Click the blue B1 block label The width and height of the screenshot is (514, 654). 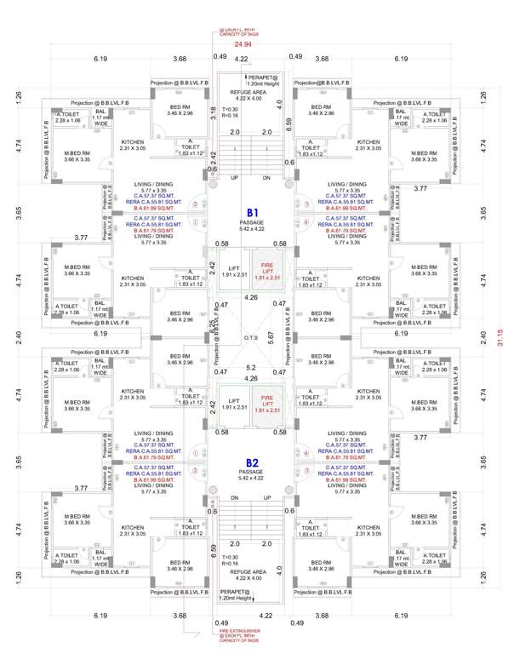click(x=253, y=213)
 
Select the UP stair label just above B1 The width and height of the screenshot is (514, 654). click(x=235, y=178)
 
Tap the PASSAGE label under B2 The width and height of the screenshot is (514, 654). click(x=253, y=473)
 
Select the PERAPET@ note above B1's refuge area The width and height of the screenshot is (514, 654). click(x=260, y=79)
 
